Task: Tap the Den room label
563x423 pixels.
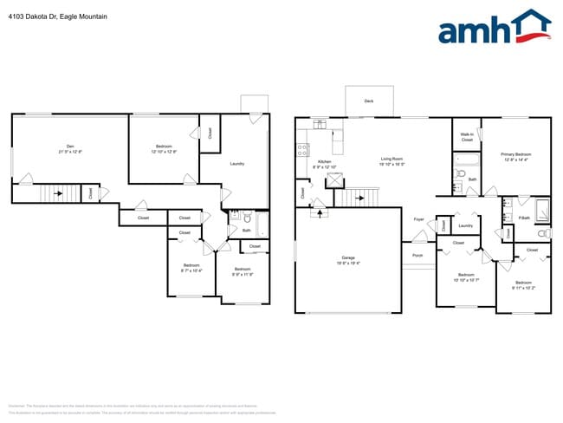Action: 70,147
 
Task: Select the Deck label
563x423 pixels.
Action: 368,101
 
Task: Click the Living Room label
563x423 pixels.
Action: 392,160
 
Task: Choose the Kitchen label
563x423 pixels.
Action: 325,164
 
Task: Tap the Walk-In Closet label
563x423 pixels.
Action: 466,137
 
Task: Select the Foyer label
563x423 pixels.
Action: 418,219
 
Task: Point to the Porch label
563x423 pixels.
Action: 417,256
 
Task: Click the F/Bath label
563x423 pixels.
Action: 524,218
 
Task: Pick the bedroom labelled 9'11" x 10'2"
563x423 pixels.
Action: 523,284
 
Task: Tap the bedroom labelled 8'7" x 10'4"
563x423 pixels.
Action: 191,268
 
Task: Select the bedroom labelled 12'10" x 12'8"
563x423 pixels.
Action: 164,148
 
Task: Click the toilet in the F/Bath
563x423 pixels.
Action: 544,234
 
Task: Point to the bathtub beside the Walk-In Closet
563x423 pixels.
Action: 467,159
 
